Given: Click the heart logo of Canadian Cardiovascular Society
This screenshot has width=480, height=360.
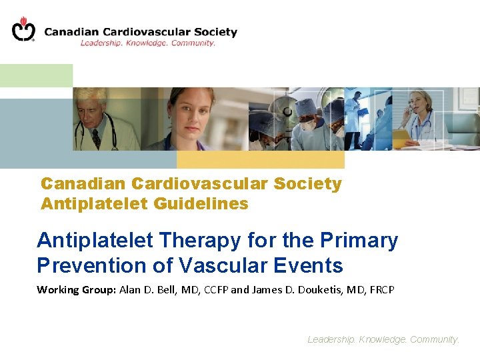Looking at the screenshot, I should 23,29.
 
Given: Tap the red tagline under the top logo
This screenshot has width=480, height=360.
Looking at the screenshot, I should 147,43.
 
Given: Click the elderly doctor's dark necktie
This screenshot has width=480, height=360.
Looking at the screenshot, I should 96,139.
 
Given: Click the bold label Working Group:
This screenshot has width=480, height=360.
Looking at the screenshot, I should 76,289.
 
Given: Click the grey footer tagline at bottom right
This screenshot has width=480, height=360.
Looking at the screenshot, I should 383,339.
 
